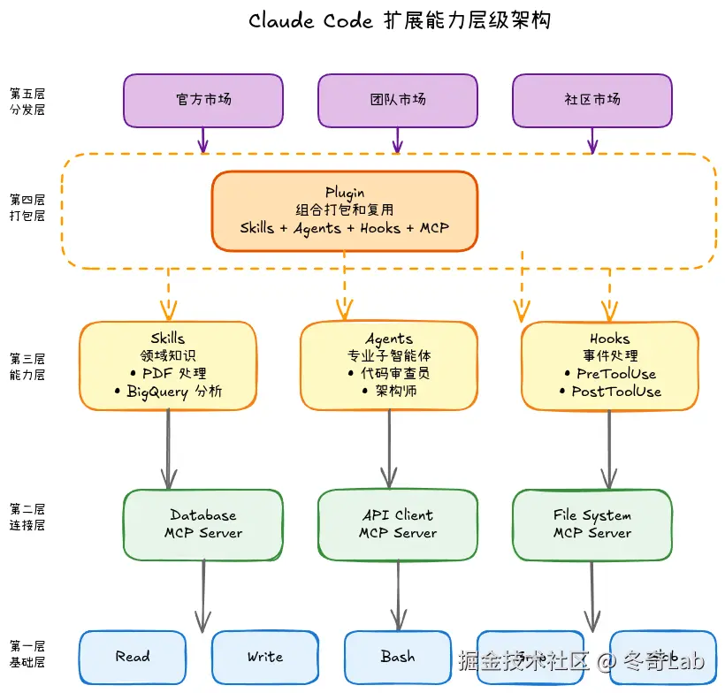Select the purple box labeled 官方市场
point(203,100)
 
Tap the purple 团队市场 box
point(398,100)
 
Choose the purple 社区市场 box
point(592,100)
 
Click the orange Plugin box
point(345,210)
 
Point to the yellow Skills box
point(168,365)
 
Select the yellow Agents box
point(389,365)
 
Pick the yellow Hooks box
point(610,365)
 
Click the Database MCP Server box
point(203,524)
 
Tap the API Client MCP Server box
point(398,524)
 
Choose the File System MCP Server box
point(592,524)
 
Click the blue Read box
point(133,657)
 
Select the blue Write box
point(265,657)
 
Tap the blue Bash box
point(398,657)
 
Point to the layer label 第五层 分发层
point(27,102)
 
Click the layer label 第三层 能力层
point(27,367)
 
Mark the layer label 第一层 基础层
point(27,654)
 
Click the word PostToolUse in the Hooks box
point(616,392)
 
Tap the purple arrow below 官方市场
point(203,140)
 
